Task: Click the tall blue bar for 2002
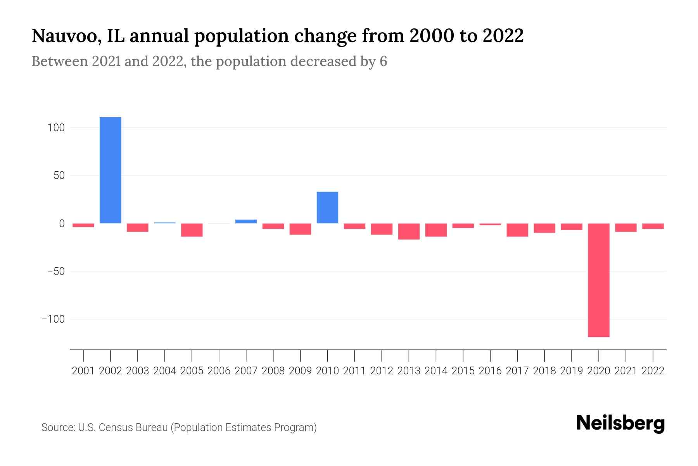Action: pos(111,170)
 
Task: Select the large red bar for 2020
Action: pos(599,280)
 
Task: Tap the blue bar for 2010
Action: pos(327,208)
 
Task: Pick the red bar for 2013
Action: pos(409,231)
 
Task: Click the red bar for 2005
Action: pos(192,230)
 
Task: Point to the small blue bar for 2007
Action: pos(246,221)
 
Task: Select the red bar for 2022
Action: pos(653,226)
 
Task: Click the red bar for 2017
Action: pos(517,230)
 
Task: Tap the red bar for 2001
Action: pos(83,225)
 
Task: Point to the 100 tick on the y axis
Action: pos(56,128)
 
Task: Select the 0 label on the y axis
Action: pos(62,223)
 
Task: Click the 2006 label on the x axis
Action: pos(219,371)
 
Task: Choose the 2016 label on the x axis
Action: pos(490,371)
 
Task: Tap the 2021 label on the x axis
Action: pos(626,371)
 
